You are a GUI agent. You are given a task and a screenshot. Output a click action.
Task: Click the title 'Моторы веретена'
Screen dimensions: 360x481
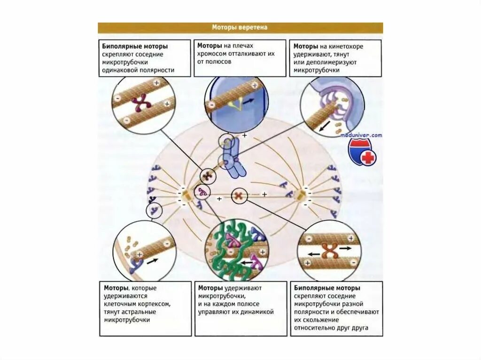tap(240, 28)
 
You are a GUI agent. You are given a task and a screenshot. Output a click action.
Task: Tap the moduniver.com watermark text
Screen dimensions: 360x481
tap(362, 135)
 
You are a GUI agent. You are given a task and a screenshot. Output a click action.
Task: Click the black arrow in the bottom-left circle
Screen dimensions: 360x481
tap(153, 261)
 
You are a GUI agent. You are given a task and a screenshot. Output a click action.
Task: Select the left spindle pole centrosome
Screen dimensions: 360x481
tap(186, 196)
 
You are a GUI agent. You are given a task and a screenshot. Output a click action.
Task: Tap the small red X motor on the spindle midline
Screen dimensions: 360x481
tap(239, 195)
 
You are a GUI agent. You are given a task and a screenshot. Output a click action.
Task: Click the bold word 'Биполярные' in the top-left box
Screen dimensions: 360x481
tap(119, 46)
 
